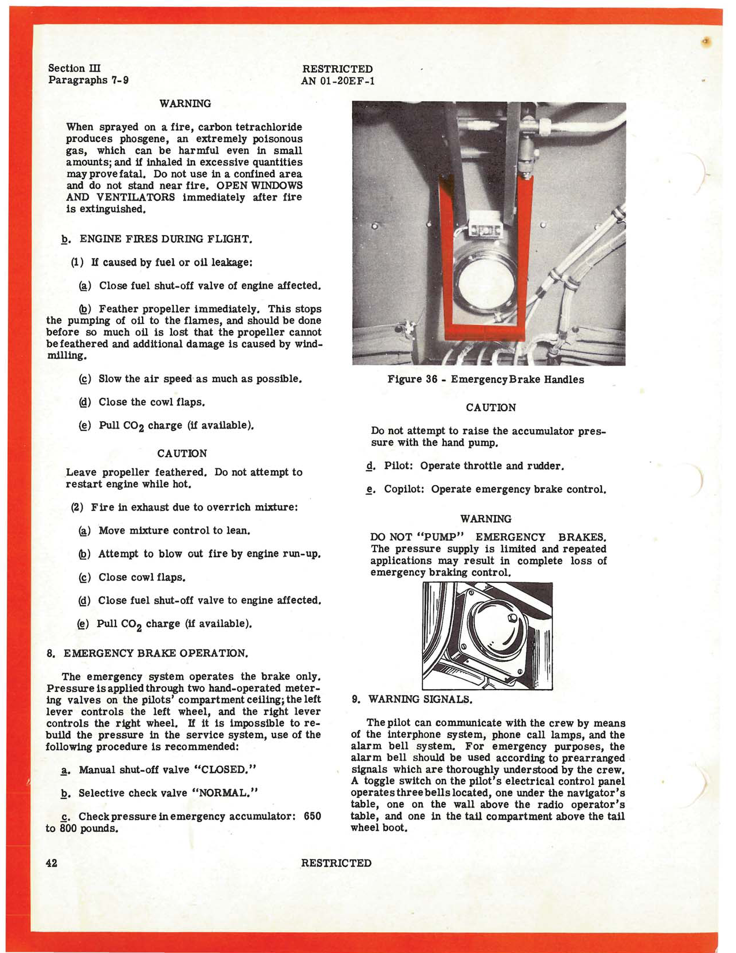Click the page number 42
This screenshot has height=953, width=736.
51,863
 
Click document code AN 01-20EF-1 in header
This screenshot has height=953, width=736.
338,81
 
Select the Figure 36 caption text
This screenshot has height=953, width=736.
485,379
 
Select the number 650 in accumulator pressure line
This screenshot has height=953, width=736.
312,816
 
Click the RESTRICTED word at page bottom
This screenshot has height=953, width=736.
336,863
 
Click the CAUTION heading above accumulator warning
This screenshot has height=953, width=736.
491,408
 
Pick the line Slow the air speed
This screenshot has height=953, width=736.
200,379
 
